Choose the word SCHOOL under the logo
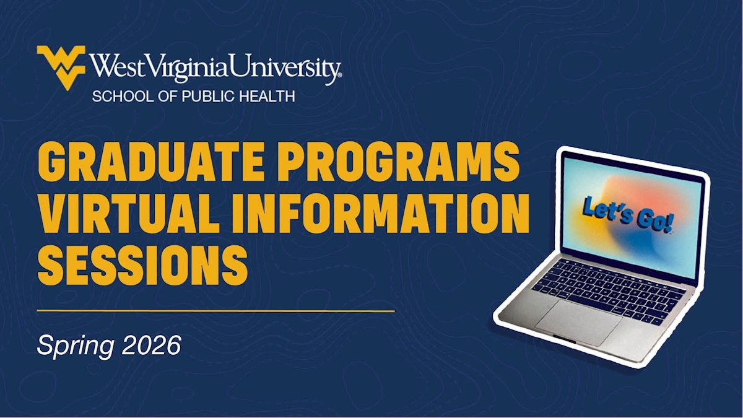point(123,97)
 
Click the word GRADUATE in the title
point(151,161)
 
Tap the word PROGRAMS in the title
point(398,161)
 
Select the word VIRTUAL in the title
point(129,213)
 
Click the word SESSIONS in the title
point(142,265)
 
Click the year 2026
point(152,345)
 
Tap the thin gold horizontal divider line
point(215,311)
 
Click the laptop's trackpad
point(579,323)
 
